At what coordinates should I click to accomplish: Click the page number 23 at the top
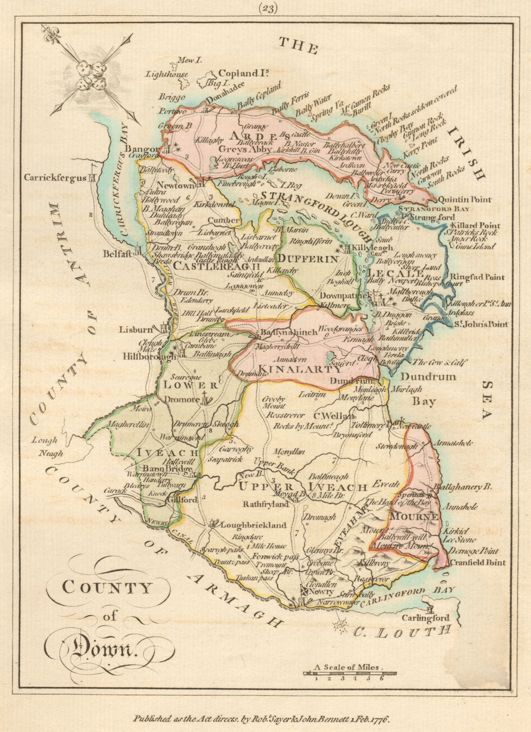[x=267, y=9]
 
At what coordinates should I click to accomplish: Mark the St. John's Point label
[x=481, y=324]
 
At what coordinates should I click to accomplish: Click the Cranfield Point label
[x=477, y=562]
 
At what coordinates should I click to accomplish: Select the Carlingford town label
[x=425, y=618]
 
